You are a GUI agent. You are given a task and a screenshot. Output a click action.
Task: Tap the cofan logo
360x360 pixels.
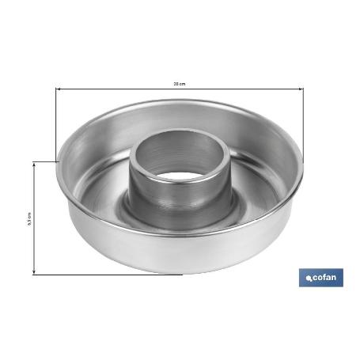click(x=320, y=278)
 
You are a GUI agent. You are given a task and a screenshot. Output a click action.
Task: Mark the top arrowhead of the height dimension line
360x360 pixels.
click(x=34, y=163)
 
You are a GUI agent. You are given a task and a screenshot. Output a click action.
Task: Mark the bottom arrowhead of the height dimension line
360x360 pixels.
click(x=34, y=273)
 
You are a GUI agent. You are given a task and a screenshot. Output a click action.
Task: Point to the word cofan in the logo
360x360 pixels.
click(x=326, y=279)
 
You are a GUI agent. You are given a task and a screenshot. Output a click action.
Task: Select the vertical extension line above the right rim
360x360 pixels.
click(x=302, y=119)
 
